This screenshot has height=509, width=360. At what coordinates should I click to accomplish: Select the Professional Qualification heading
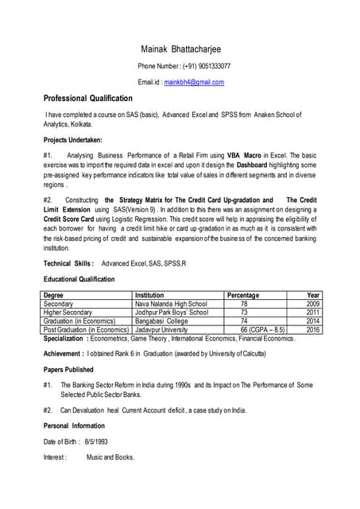[87, 99]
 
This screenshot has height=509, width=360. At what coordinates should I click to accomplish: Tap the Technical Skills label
[69, 263]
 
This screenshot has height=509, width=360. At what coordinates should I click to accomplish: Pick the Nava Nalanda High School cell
[171, 304]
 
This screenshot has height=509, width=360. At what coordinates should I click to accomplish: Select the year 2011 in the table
[312, 313]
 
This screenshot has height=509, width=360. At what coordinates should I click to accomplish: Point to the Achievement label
[68, 354]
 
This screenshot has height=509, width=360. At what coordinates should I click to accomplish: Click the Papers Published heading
[68, 370]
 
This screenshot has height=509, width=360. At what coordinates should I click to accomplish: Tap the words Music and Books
[110, 457]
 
